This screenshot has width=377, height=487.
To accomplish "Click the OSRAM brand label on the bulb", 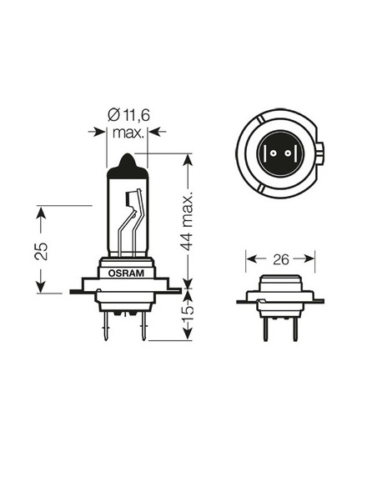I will (x=126, y=273).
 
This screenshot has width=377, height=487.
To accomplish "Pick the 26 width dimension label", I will (x=280, y=259).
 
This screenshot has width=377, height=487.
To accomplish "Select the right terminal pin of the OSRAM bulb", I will (x=143, y=324).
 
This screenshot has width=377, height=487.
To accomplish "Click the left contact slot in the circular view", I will (x=269, y=156).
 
